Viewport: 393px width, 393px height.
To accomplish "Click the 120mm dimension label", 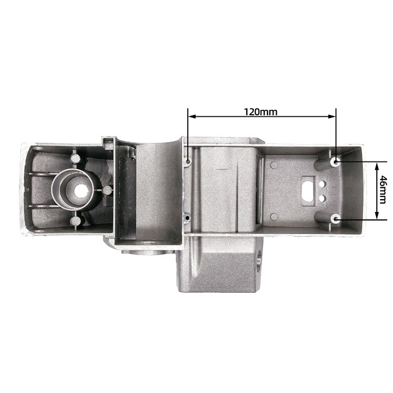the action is pyautogui.click(x=261, y=112).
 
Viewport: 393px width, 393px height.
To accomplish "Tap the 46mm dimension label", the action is pyautogui.click(x=383, y=190).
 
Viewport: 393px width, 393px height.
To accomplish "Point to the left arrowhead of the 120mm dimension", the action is pyautogui.click(x=192, y=116).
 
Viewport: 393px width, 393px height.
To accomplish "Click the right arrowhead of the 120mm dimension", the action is pyautogui.click(x=332, y=116).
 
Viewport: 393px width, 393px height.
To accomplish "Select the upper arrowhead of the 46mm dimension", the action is pyautogui.click(x=376, y=166).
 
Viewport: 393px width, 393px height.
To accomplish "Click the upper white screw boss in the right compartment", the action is pyautogui.click(x=335, y=162).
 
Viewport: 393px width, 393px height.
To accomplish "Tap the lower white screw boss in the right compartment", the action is pyautogui.click(x=335, y=219).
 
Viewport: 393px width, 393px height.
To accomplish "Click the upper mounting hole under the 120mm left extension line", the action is pyautogui.click(x=188, y=161).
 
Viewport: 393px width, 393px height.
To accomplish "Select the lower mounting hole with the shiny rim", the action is pyautogui.click(x=187, y=217).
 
